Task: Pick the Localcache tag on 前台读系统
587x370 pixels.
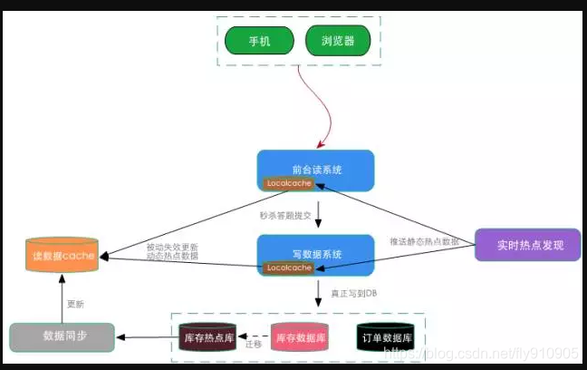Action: coord(288,184)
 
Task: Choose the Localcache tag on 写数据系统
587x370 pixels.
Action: coord(288,268)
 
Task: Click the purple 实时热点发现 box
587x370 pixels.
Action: coord(527,245)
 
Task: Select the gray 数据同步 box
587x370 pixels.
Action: coord(62,337)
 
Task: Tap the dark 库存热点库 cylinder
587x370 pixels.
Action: coord(212,337)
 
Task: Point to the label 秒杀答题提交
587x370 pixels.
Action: coord(286,216)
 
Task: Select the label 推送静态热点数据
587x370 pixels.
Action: coord(424,242)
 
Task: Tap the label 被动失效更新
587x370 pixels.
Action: coord(172,247)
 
